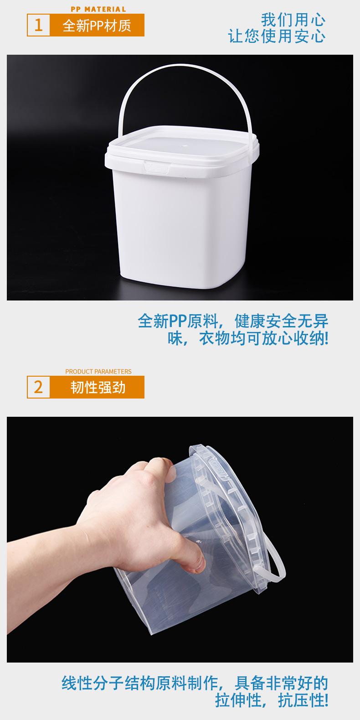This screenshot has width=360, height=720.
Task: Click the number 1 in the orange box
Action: tap(38, 25)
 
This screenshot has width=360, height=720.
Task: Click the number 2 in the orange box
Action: tap(38, 387)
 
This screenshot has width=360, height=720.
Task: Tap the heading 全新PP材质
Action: tap(97, 26)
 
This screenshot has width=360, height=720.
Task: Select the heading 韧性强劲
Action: tap(98, 388)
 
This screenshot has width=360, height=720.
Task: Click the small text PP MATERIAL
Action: tap(98, 9)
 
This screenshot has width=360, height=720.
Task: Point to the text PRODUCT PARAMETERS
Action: tap(98, 371)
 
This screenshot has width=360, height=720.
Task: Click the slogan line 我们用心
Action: tap(293, 20)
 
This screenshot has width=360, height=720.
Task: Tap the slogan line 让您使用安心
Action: tap(277, 36)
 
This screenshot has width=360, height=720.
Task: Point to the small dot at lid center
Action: tap(184, 147)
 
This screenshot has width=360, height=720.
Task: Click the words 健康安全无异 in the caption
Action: tap(281, 321)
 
